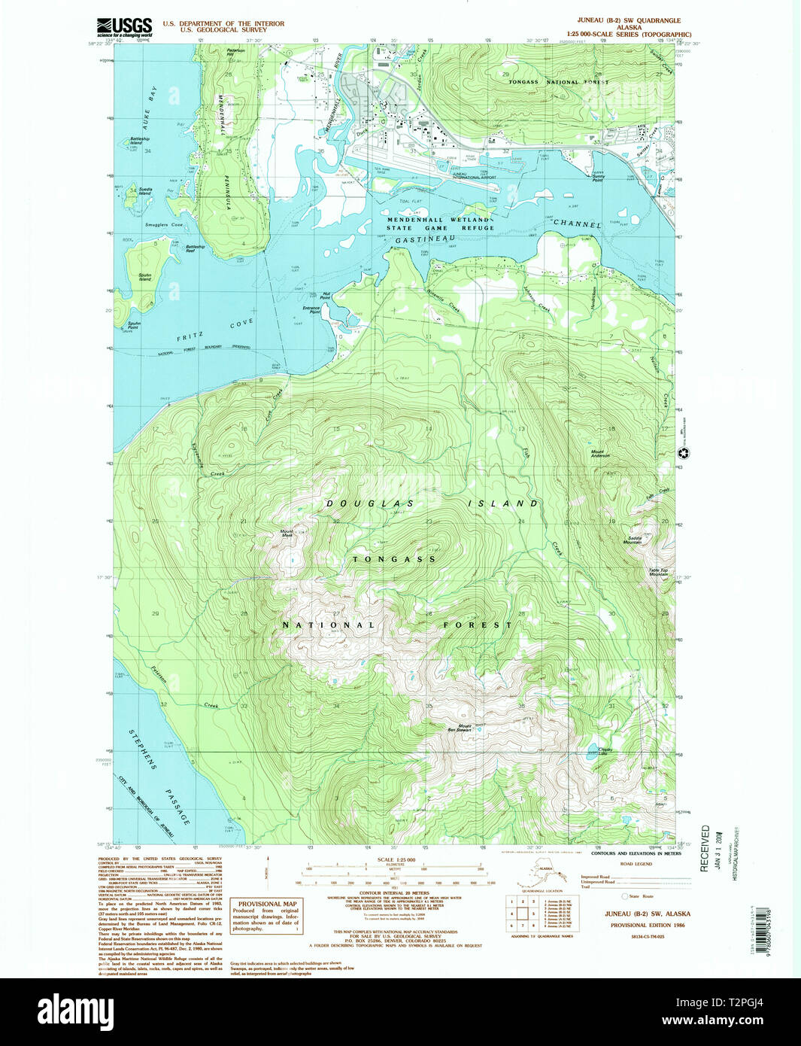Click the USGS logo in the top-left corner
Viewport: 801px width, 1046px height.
[x=124, y=28]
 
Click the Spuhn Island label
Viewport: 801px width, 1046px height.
[x=144, y=277]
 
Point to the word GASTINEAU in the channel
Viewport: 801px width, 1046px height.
[x=426, y=239]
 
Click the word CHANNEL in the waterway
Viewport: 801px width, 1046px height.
[x=577, y=223]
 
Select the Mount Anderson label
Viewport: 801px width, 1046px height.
[x=599, y=454]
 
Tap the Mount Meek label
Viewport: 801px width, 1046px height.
[x=287, y=534]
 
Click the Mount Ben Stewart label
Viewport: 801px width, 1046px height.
[x=459, y=728]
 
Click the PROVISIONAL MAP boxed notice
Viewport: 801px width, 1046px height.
[x=267, y=917]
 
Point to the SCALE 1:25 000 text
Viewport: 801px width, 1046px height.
[x=396, y=860]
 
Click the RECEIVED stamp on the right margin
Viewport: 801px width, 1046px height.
[x=705, y=848]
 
